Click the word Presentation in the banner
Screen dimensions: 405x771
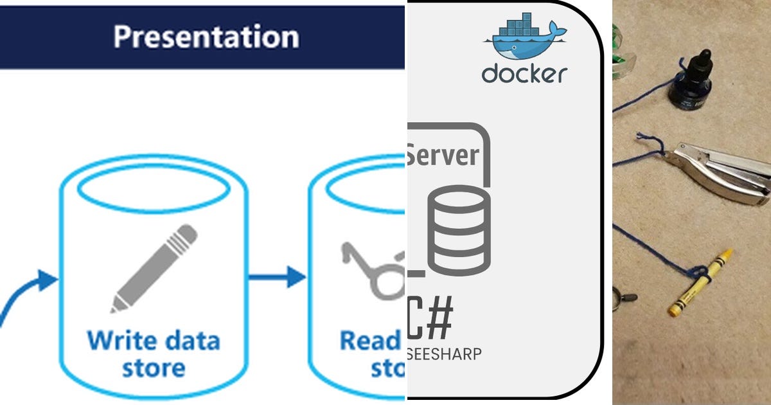[x=206, y=37]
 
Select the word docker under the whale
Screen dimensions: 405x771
[x=524, y=73]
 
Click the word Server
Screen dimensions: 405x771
[x=443, y=155]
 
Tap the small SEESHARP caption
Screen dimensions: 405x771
[x=443, y=354]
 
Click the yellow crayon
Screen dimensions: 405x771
[x=700, y=283]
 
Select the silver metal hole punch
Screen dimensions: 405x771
[x=720, y=174]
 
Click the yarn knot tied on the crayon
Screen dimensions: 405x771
[x=704, y=274]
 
